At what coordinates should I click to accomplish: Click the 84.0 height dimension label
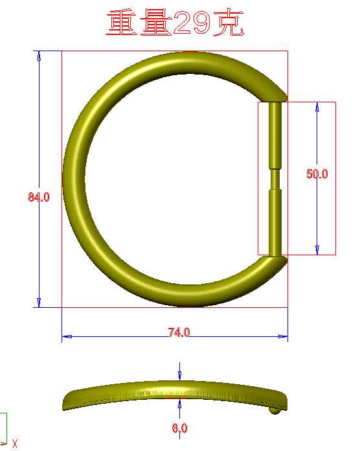[39, 197]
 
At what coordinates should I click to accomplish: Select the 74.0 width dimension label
[179, 332]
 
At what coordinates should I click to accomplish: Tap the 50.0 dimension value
[317, 174]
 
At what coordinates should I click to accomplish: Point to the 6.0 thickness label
[180, 428]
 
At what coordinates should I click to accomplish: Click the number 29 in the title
[192, 22]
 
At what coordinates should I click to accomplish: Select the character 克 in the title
[228, 22]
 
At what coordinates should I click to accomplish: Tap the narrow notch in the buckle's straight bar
[275, 179]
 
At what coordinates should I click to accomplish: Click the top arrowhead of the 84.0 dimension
[39, 56]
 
